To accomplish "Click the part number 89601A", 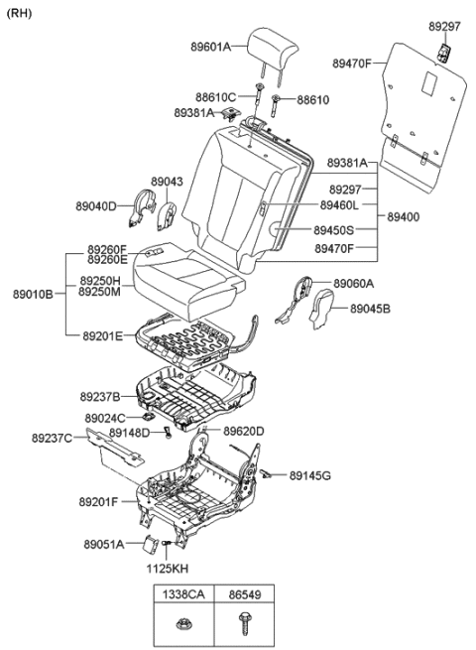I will tap(211, 47).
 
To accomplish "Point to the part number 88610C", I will tap(214, 96).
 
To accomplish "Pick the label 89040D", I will tap(98, 206).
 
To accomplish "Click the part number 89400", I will tap(403, 216).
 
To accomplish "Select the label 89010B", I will tap(33, 295).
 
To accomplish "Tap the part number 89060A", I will tap(354, 283).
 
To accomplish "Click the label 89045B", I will tap(370, 309).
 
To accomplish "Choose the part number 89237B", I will tap(100, 396).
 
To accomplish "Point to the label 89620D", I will tap(244, 431).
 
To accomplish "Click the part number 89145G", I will tap(310, 476).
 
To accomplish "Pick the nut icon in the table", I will tap(182, 624).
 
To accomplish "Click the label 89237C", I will tap(52, 438).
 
